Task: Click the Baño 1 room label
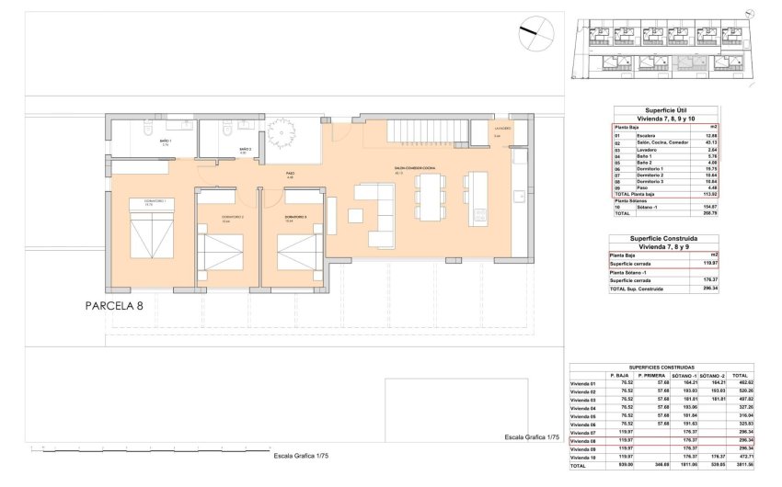165,142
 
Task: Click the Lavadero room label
502,129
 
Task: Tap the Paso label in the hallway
289,174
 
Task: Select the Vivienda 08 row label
583,440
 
